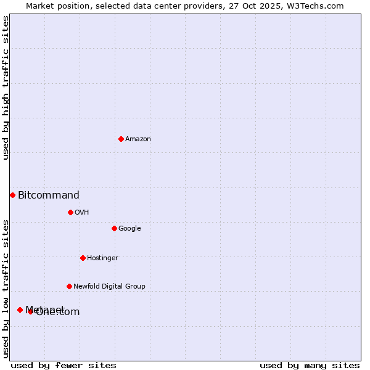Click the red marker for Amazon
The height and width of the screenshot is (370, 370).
[121, 139]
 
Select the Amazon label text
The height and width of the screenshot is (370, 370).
[138, 139]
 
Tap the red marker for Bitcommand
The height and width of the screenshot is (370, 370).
[12, 195]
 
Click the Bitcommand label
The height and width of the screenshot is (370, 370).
[49, 195]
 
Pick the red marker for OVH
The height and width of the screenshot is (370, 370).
[70, 212]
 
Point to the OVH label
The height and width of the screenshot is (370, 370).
[82, 213]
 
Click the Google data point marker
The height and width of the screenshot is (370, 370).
[114, 228]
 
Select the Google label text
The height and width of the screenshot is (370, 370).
[129, 229]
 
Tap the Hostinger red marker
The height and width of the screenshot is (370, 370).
[83, 258]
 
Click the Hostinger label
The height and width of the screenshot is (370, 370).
[102, 258]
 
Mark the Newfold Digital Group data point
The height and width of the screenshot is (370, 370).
[69, 286]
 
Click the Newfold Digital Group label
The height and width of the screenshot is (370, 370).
[109, 287]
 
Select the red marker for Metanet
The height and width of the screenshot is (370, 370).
[20, 310]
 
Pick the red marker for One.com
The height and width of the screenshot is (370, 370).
[30, 311]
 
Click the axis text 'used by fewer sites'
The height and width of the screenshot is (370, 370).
[64, 365]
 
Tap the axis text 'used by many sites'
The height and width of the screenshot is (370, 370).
[310, 365]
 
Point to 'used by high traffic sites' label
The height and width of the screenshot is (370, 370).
[6, 88]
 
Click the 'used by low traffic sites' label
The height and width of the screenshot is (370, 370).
[6, 289]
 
